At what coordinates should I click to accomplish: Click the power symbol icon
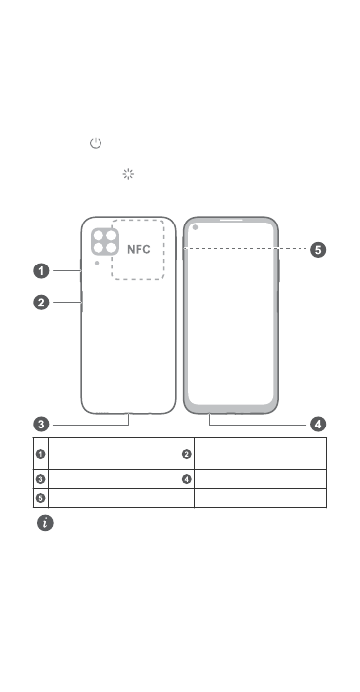[96, 143]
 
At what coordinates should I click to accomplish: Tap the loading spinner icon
[128, 174]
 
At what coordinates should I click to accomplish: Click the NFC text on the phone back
[139, 249]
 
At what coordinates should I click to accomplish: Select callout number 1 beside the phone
[42, 270]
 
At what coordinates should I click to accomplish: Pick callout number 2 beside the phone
[42, 303]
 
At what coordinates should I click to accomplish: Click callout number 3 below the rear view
[42, 425]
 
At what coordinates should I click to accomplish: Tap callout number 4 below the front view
[318, 425]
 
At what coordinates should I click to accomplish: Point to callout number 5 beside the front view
[318, 249]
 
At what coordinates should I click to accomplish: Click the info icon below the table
[45, 523]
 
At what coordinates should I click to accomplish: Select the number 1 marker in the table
[41, 454]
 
